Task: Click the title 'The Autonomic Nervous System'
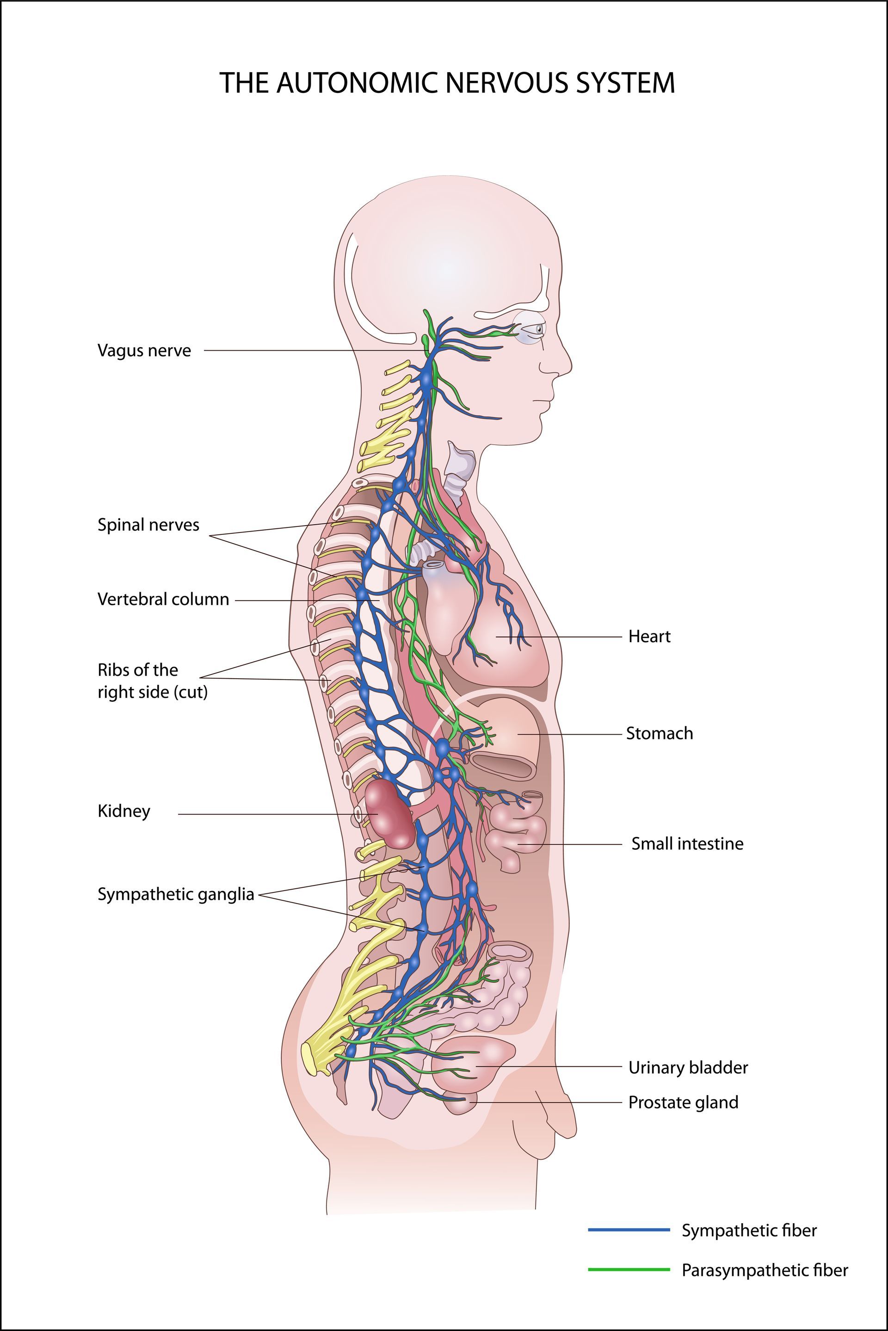click(x=447, y=83)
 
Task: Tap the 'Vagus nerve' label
click(x=144, y=351)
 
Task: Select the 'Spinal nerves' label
click(x=148, y=525)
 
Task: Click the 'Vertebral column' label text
click(x=163, y=599)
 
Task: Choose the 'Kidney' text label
click(x=124, y=811)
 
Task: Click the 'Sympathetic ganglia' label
click(x=176, y=894)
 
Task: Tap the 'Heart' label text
click(x=649, y=637)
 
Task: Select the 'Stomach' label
click(x=659, y=733)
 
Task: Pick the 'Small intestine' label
click(x=687, y=844)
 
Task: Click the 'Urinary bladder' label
click(x=688, y=1068)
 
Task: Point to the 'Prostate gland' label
click(x=683, y=1102)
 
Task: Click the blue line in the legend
click(x=629, y=1230)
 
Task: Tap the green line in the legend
click(x=629, y=1269)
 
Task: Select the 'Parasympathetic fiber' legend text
click(x=765, y=1270)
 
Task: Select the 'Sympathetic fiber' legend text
click(x=749, y=1230)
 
